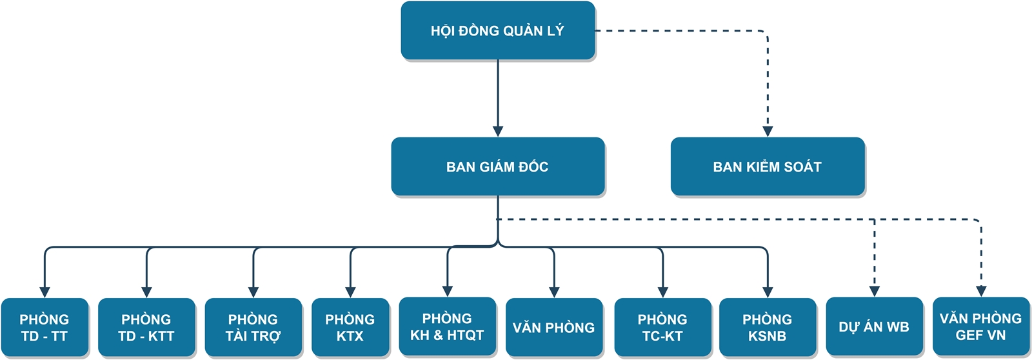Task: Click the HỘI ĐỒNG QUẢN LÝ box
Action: (x=497, y=30)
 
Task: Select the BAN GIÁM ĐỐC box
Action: (x=497, y=166)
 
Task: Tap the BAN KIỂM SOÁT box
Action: (x=767, y=166)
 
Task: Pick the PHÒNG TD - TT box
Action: (x=45, y=327)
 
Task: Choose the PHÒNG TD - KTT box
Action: (x=146, y=327)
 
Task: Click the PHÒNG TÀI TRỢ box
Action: (x=253, y=327)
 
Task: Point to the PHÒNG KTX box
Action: (x=350, y=327)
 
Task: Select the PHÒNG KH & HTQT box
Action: (x=447, y=326)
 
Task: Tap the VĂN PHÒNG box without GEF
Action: (x=553, y=327)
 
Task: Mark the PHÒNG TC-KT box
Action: (x=662, y=327)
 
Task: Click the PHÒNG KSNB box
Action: (x=767, y=327)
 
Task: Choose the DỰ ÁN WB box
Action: (x=874, y=326)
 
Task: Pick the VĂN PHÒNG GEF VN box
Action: (x=980, y=326)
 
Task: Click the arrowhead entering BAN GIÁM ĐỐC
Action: (x=497, y=131)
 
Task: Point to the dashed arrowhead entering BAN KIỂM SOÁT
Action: (x=768, y=131)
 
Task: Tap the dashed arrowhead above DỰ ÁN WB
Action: (x=875, y=291)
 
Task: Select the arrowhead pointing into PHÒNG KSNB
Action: (x=768, y=292)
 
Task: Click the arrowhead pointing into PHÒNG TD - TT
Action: (x=45, y=292)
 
